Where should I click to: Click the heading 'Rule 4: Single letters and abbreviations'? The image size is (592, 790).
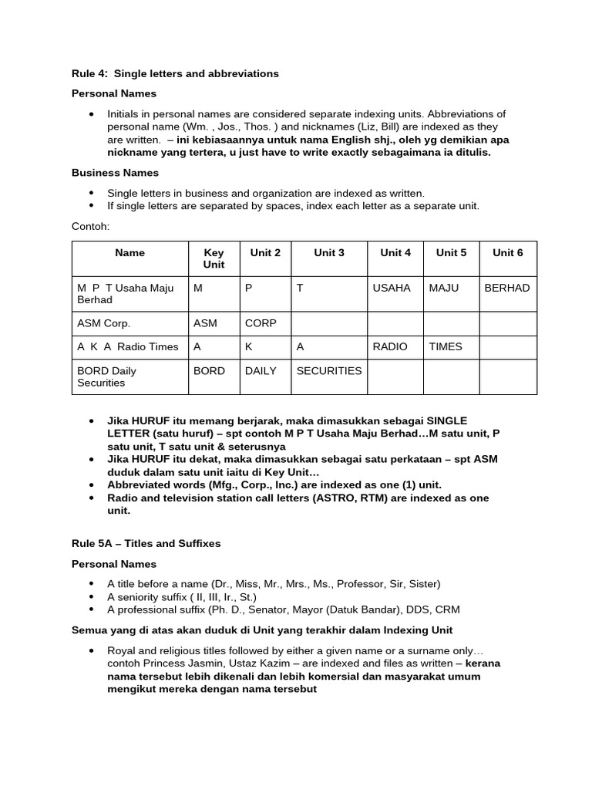click(x=175, y=74)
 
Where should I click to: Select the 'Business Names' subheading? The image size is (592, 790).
click(x=115, y=173)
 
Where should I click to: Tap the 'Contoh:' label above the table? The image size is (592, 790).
click(x=92, y=228)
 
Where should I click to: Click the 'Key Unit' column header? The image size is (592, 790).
click(x=214, y=258)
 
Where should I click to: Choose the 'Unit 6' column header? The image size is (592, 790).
click(x=507, y=252)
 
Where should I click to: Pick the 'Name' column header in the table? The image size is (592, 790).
click(x=129, y=252)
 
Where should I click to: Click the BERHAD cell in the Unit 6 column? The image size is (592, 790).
click(x=506, y=288)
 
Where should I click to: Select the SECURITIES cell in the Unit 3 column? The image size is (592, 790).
click(x=328, y=370)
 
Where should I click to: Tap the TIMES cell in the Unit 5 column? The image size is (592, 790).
click(x=446, y=346)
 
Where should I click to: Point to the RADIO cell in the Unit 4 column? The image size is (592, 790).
click(x=390, y=346)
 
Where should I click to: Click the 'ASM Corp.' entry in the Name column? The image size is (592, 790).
click(x=103, y=323)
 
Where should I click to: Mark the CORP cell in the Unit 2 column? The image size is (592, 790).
click(x=261, y=323)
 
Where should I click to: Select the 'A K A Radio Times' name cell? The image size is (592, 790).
click(x=127, y=346)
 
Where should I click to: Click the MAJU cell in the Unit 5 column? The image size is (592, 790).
click(x=443, y=288)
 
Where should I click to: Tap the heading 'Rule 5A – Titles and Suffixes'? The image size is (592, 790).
click(x=146, y=543)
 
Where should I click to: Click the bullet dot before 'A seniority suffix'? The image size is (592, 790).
click(x=92, y=596)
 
